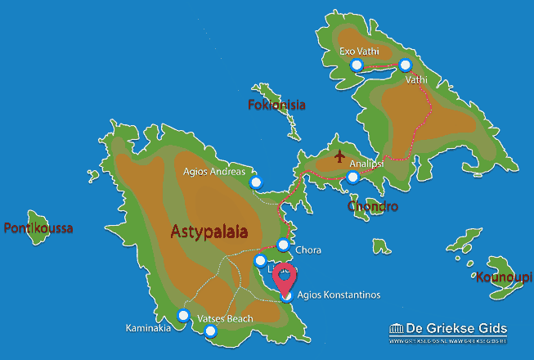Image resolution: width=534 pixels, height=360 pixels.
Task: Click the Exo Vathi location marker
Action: click(356, 65)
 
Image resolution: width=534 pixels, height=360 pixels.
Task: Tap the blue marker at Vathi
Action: click(406, 65)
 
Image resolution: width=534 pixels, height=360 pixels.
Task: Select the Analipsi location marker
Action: click(352, 177)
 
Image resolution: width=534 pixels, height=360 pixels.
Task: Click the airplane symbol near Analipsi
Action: click(340, 155)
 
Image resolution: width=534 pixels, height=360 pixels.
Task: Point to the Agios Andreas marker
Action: click(256, 182)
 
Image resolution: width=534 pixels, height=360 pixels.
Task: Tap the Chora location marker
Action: click(283, 244)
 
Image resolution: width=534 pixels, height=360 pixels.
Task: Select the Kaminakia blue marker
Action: click(183, 315)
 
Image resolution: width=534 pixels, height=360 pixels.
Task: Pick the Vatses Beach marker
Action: click(211, 331)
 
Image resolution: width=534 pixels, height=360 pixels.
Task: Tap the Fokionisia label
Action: click(276, 105)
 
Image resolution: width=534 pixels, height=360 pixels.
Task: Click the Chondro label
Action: click(372, 206)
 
